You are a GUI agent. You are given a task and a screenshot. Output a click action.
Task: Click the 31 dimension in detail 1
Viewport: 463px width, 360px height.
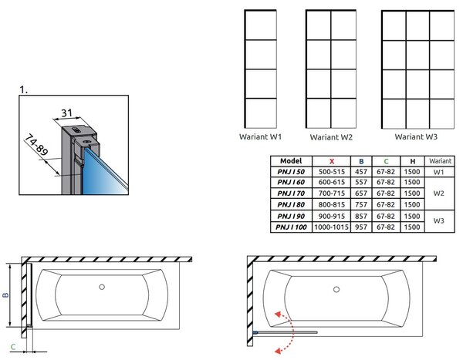pos(66,113)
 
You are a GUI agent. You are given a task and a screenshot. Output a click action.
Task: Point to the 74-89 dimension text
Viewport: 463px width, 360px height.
pos(35,145)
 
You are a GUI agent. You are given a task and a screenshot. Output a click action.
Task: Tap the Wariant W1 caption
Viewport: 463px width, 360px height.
pos(260,136)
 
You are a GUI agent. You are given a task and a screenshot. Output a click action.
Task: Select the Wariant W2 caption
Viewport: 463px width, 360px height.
pos(331,137)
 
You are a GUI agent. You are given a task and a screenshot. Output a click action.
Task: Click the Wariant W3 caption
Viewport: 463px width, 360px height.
pos(416,136)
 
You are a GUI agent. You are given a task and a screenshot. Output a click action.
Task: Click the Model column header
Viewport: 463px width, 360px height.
pos(291,161)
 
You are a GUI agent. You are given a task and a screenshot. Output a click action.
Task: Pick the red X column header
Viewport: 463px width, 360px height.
pos(332,161)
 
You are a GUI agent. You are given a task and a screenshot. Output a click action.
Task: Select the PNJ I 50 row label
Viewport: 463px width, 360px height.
pos(291,172)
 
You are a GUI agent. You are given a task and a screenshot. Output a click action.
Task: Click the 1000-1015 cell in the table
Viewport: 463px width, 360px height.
pos(331,227)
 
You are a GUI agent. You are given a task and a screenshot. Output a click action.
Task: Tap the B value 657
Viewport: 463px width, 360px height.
pos(361,193)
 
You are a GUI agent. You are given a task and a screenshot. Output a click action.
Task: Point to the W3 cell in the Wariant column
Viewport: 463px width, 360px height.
pos(439,220)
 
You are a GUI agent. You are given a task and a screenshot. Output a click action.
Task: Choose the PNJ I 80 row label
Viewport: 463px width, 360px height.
pos(291,204)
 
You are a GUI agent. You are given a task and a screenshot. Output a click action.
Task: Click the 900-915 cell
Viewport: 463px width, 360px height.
pos(331,217)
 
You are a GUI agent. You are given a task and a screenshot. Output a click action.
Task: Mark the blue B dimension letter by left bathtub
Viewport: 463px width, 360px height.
pos(5,294)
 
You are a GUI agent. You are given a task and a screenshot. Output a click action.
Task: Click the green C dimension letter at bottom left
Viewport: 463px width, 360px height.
pos(12,347)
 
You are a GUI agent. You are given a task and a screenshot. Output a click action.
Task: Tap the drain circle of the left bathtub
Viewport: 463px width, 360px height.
pos(102,287)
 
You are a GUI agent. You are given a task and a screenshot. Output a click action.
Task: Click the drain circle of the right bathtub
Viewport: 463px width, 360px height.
pos(336,290)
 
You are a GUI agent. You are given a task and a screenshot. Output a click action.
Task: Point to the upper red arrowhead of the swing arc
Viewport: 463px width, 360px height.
pos(278,314)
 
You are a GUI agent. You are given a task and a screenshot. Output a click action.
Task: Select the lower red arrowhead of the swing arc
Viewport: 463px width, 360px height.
pos(278,350)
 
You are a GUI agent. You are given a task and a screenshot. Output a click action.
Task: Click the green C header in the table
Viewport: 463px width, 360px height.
pos(386,161)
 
